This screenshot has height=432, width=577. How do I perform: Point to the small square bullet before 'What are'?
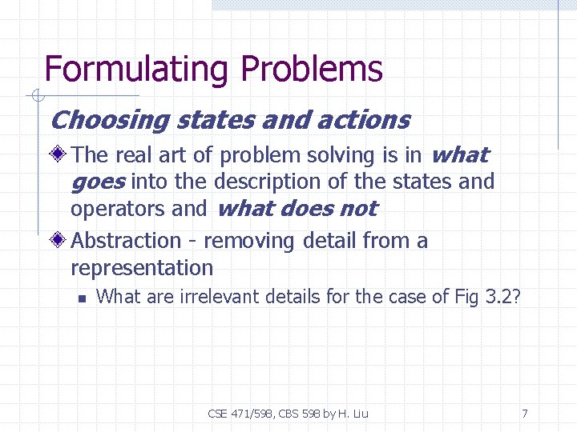click(x=81, y=298)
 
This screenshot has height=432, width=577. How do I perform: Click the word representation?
click(x=142, y=267)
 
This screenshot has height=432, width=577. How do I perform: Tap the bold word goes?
click(x=97, y=182)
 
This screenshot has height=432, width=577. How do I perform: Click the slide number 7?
click(x=524, y=414)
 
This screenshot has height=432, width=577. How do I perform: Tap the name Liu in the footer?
click(x=359, y=414)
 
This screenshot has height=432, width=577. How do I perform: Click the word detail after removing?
click(x=330, y=240)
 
